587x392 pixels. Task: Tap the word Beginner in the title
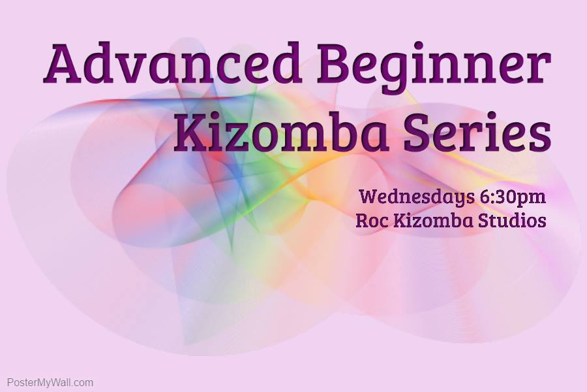(x=434, y=68)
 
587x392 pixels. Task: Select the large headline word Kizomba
(x=280, y=131)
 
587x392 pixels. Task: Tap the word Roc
(x=372, y=220)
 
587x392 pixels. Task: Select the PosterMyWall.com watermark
(x=50, y=383)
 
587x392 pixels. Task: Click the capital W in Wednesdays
(x=370, y=196)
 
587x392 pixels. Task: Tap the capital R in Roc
(x=362, y=221)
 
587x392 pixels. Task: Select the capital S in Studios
(x=483, y=221)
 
